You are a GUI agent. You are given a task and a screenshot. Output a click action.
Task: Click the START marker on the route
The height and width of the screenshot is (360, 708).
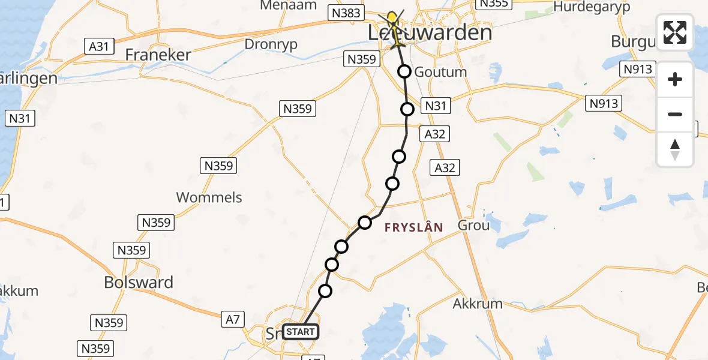click(x=300, y=332)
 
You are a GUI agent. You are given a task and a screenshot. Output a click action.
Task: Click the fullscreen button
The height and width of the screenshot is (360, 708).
click(x=675, y=32)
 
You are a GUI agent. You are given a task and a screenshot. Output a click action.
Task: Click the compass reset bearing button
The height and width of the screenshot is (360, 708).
click(x=675, y=149)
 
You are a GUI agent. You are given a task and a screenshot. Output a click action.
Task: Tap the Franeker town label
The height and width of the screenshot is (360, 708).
click(x=158, y=55)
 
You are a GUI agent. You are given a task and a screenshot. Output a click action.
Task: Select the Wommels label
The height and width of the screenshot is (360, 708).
click(x=209, y=197)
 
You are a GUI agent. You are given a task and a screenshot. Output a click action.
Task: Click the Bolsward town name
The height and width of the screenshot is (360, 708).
click(x=139, y=282)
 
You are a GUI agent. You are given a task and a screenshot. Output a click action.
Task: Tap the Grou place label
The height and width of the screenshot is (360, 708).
click(x=473, y=226)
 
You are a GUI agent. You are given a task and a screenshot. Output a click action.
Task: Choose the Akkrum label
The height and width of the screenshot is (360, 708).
click(x=478, y=304)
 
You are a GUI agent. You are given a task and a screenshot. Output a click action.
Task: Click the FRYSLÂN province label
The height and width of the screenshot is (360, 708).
click(x=414, y=227)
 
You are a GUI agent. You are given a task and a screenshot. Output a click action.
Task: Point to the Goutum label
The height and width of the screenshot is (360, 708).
click(x=440, y=72)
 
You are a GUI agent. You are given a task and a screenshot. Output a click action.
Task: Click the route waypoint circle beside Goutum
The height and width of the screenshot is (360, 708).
click(x=405, y=72)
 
